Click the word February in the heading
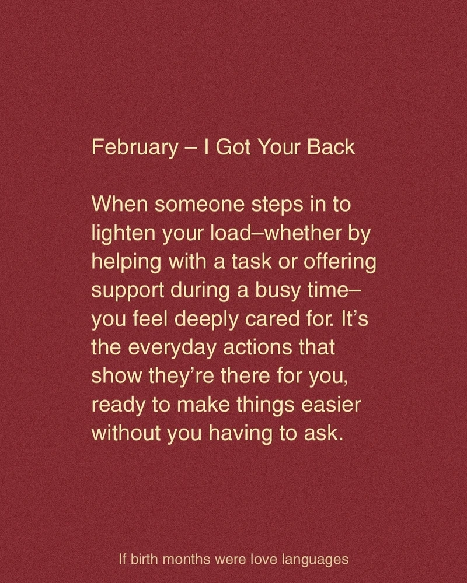click(135, 148)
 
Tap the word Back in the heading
click(331, 147)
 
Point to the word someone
click(200, 205)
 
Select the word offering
click(340, 262)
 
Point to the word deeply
click(206, 319)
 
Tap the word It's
click(354, 319)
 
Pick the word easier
click(331, 406)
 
